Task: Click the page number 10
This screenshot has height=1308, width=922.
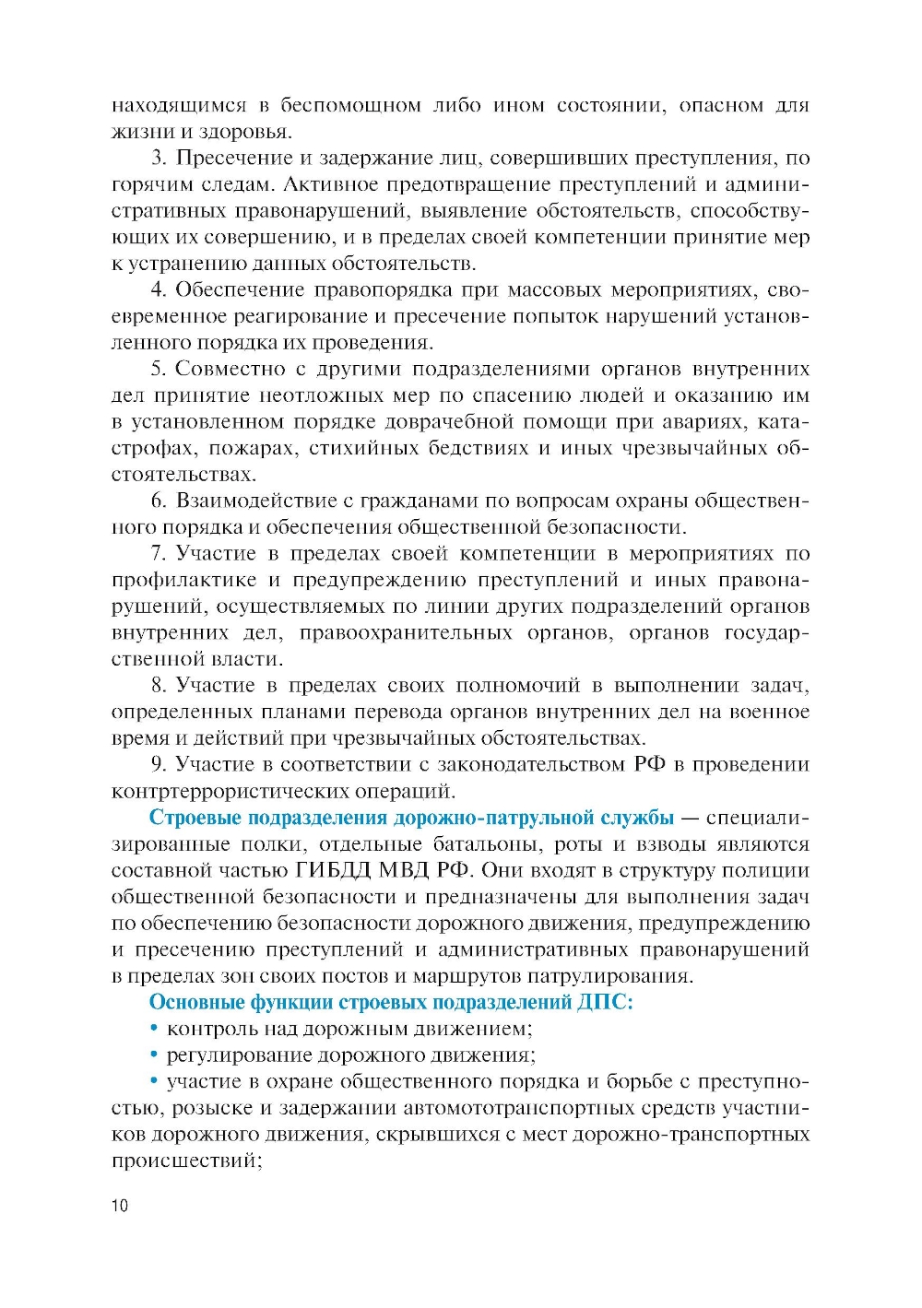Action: coord(120,1206)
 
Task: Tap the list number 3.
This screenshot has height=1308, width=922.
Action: coord(158,159)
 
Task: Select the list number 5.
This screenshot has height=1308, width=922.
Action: coord(158,370)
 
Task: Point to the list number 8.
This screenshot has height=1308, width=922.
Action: coord(158,686)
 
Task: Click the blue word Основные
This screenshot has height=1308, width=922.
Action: coord(196,1003)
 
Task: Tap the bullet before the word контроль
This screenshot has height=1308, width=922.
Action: coord(155,1029)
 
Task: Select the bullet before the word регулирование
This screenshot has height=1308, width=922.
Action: coord(155,1055)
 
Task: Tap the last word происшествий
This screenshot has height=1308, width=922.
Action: coord(185,1161)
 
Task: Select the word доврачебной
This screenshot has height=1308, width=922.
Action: coord(448,422)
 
